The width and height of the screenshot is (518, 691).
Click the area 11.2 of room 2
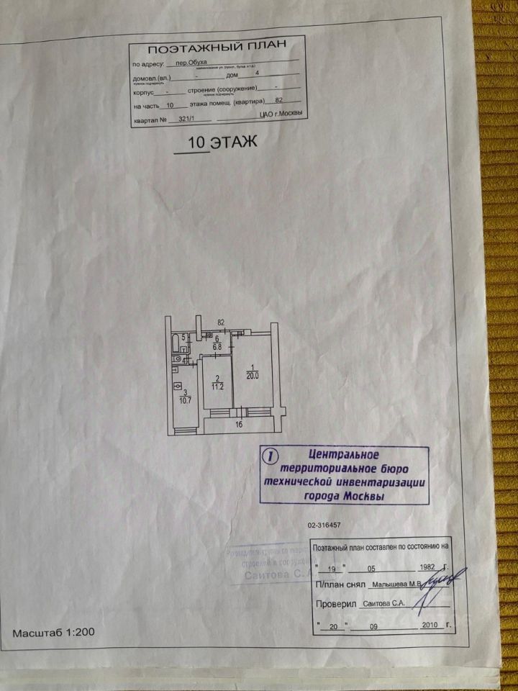[217, 385]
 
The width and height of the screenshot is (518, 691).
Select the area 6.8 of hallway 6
[217, 346]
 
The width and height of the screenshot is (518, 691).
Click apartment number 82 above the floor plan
[222, 322]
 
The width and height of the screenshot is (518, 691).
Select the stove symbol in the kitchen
[177, 387]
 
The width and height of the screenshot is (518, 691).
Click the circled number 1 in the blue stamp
[269, 456]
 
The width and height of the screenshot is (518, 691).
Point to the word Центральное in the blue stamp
[343, 455]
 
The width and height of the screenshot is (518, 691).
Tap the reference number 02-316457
[324, 525]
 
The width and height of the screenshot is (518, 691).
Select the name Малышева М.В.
[394, 584]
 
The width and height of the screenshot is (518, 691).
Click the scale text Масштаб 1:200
[53, 633]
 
